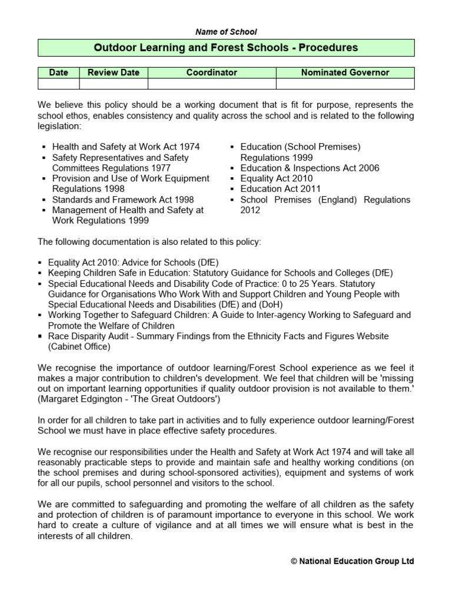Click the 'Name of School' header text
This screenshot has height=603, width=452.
point(227,32)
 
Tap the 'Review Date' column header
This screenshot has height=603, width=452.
point(114,72)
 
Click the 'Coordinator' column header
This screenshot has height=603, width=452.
point(211,72)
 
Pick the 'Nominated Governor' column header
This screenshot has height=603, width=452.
point(345,72)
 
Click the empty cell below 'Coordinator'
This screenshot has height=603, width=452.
point(211,84)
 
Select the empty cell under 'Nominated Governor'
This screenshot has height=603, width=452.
point(345,84)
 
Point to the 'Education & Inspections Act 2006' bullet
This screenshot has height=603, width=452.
point(310,168)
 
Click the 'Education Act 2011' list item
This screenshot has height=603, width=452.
point(280,188)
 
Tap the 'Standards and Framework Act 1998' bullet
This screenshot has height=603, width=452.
point(123,200)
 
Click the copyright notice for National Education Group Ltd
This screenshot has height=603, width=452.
point(352,561)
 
